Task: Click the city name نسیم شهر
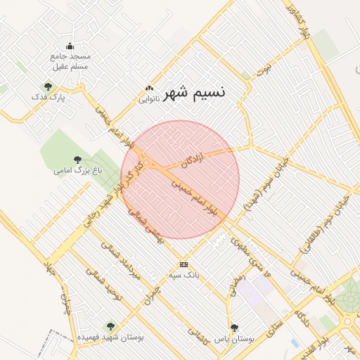click(x=195, y=94)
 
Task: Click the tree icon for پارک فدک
click(x=48, y=86)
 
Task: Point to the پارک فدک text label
click(x=52, y=97)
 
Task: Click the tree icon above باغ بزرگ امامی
click(x=77, y=160)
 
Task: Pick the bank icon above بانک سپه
click(x=184, y=264)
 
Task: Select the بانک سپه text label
click(x=184, y=274)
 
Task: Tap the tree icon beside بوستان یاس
click(x=235, y=328)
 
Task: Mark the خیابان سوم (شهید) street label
click(x=261, y=185)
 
